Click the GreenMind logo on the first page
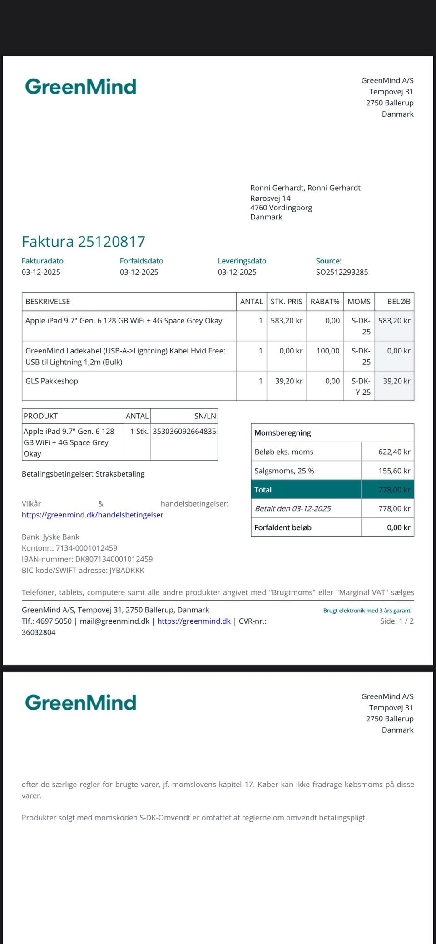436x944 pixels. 81,86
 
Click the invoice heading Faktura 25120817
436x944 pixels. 84,241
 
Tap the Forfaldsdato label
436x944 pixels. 141,261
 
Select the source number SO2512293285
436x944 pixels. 342,272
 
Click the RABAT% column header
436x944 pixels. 325,302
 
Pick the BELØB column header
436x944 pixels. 398,302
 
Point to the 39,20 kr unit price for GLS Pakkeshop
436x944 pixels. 288,381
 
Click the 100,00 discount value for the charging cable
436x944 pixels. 328,351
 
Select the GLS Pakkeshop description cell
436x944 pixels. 52,381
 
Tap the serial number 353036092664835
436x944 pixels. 184,431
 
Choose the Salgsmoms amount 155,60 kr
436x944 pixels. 394,471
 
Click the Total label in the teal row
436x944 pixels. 263,490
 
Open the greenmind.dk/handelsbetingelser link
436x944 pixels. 93,515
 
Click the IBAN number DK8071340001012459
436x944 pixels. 114,559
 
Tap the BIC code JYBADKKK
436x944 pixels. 127,570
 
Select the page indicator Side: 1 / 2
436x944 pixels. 397,621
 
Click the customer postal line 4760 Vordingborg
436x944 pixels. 281,208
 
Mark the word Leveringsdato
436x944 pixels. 242,261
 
